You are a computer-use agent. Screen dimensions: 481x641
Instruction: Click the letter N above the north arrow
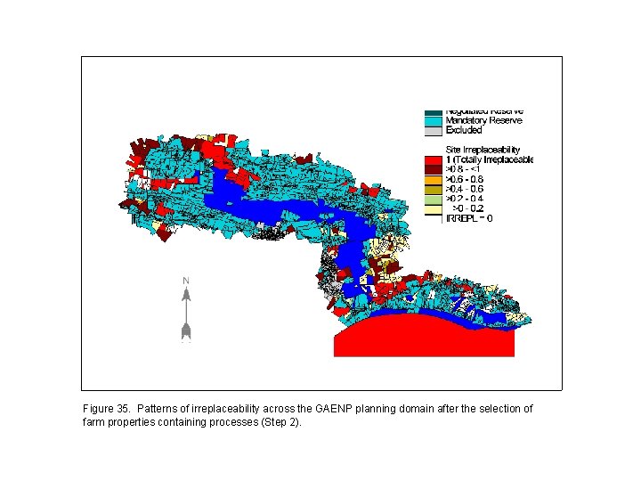(186, 281)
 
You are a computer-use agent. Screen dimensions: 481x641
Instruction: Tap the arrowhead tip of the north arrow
(186, 291)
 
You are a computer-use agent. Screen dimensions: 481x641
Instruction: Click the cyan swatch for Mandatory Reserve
(433, 120)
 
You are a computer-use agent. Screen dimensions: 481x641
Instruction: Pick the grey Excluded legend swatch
(433, 130)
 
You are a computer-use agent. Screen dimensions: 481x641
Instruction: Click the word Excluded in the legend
(464, 130)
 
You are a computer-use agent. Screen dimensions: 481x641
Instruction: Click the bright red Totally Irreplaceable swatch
(433, 159)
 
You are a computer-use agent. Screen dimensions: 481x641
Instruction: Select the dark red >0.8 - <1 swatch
(433, 169)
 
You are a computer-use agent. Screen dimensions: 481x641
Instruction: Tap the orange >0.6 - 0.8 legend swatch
(433, 179)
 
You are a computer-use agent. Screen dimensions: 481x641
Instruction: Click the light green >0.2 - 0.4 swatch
(433, 199)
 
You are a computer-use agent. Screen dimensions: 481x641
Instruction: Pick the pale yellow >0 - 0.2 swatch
(433, 208)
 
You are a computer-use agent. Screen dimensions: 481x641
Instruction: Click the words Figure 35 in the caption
(106, 409)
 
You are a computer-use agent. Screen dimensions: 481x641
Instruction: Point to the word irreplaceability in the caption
(225, 409)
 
